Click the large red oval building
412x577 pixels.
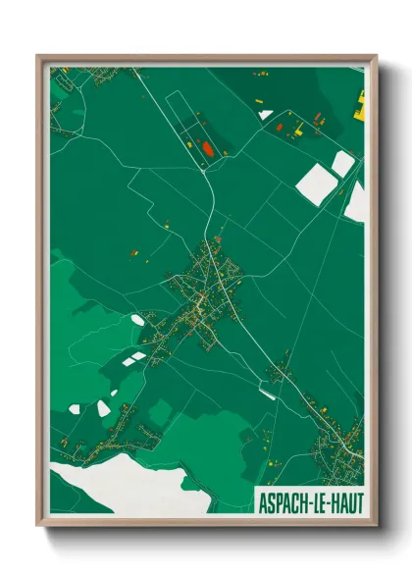click(207, 149)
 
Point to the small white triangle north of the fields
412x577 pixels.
click(265, 115)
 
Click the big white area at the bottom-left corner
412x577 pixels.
click(108, 487)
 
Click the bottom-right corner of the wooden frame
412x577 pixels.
click(375, 527)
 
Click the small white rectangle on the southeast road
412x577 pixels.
click(265, 393)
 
